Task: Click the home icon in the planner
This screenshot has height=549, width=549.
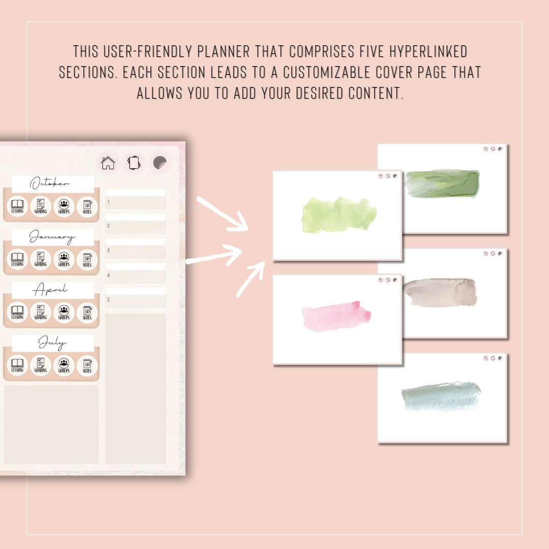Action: [108, 163]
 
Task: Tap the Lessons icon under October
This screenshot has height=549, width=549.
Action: [17, 206]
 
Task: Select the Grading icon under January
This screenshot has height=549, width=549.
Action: [41, 259]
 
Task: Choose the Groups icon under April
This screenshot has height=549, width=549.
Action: [64, 312]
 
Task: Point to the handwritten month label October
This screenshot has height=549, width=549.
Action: [50, 184]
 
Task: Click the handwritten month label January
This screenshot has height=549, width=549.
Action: [52, 237]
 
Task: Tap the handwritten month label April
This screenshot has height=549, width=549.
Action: [50, 290]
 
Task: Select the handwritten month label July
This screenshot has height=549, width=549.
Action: [52, 344]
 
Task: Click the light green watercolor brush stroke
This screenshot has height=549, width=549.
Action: [339, 215]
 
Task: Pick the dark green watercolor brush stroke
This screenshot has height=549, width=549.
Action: [442, 184]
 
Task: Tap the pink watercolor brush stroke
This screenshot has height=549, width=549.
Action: [336, 316]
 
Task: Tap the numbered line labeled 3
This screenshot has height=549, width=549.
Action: [136, 251]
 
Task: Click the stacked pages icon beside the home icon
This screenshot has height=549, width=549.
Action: [133, 163]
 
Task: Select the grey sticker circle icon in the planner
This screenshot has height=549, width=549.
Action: [160, 163]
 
